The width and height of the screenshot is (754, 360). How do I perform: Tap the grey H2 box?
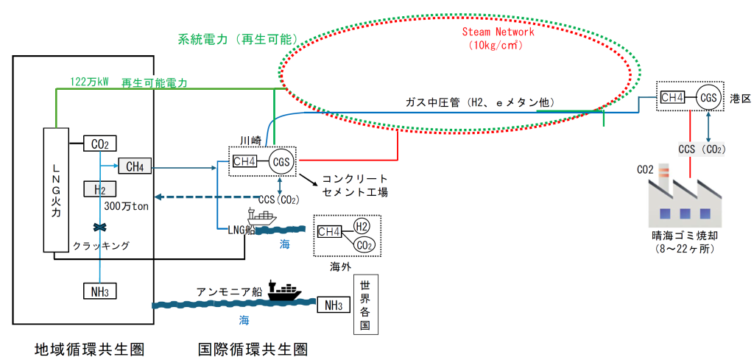pos(100,190)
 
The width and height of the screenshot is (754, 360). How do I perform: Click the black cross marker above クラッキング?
pos(96,227)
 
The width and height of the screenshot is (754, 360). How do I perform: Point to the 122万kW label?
pos(89,82)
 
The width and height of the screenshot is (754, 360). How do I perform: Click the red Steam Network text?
pos(498,32)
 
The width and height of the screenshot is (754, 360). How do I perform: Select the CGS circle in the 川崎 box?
pos(281,161)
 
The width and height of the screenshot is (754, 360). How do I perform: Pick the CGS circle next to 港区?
pos(708,97)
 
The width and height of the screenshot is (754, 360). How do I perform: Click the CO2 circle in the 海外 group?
pos(362,244)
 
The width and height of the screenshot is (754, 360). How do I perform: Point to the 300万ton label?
pos(126,206)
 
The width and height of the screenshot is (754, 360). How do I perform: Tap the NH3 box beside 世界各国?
pos(333,305)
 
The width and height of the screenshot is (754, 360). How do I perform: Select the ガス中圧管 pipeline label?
pos(479,102)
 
